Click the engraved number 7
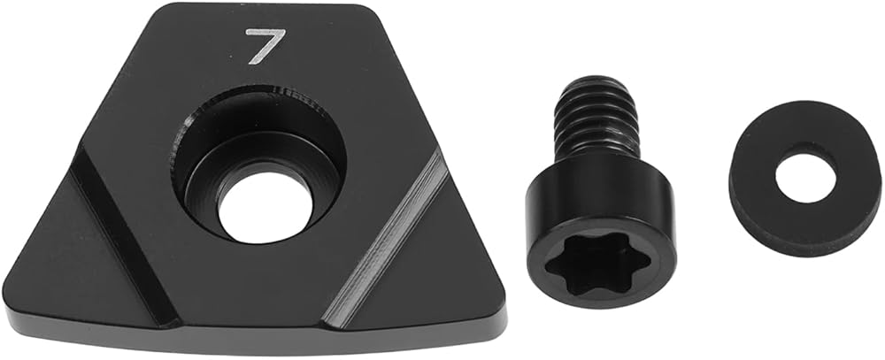point(265,45)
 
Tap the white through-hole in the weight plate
point(265,208)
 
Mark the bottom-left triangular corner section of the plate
point(73,259)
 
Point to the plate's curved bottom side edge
point(254,341)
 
